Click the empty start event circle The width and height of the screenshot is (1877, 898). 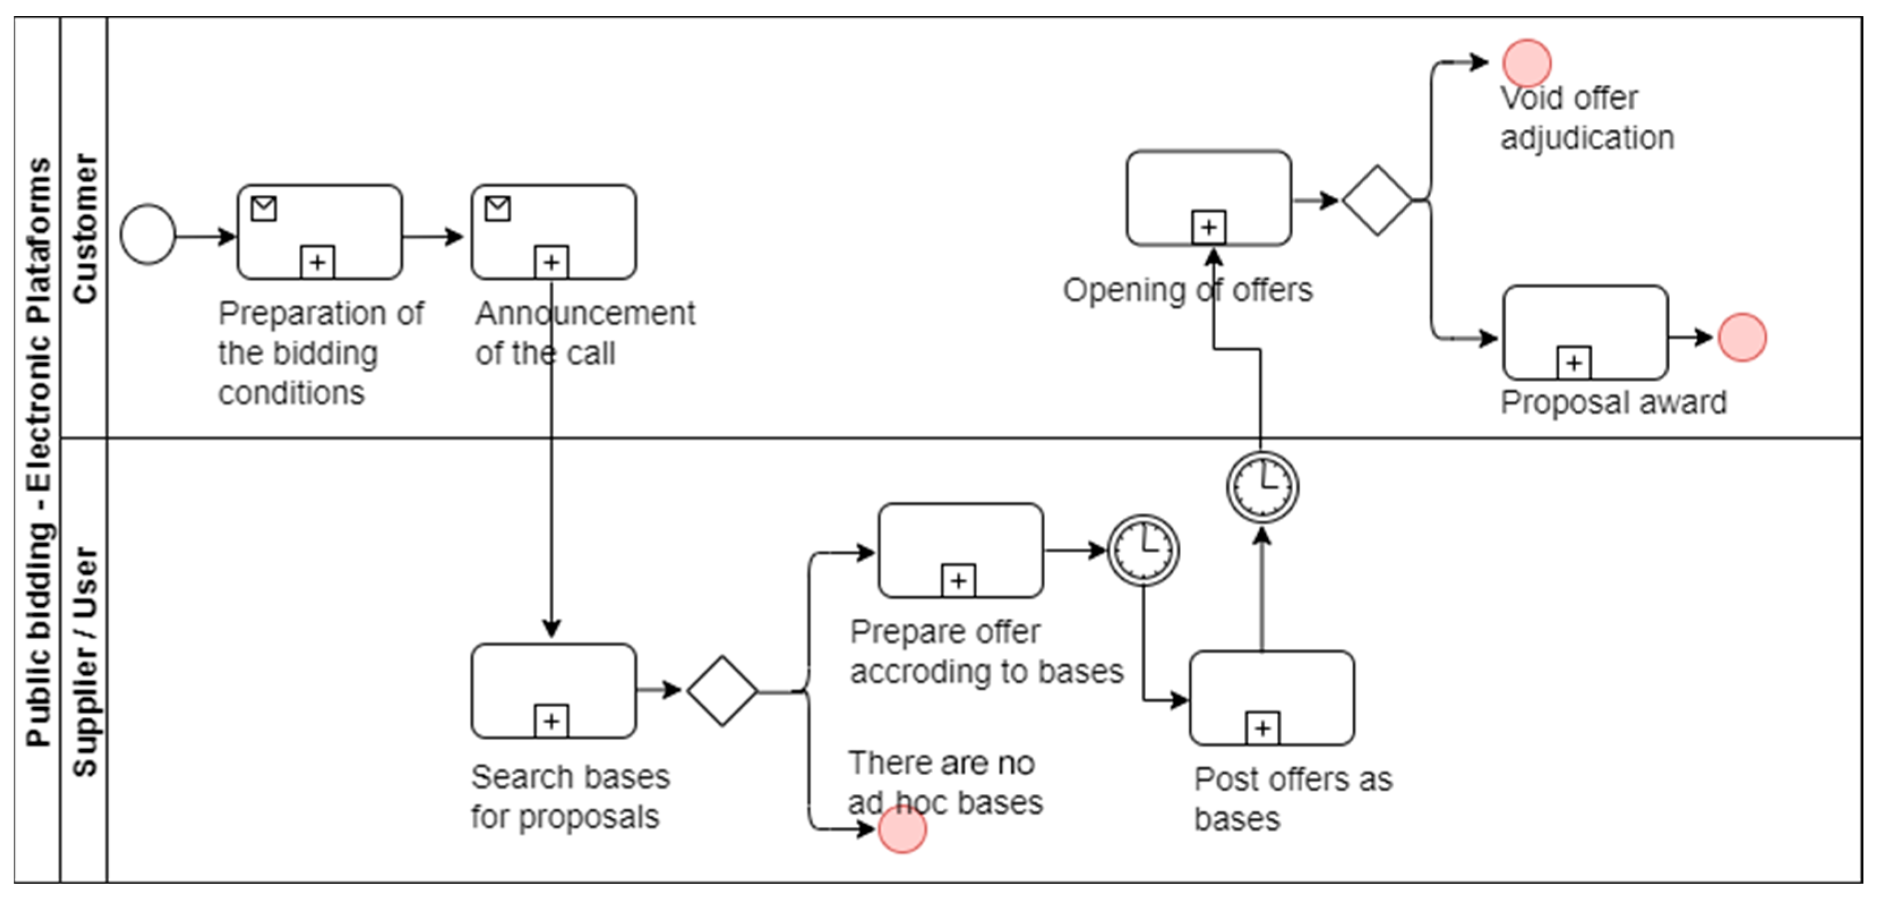pyautogui.click(x=148, y=235)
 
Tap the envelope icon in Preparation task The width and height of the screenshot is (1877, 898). pyautogui.click(x=264, y=208)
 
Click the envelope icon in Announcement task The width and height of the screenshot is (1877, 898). pyautogui.click(x=497, y=208)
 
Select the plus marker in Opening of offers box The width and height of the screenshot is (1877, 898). pyautogui.click(x=1208, y=228)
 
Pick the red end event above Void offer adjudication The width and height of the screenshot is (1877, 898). pyautogui.click(x=1527, y=63)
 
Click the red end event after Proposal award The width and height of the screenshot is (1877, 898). pyautogui.click(x=1742, y=337)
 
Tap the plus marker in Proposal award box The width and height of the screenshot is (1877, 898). pyautogui.click(x=1573, y=362)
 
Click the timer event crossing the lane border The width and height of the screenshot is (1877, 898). pyautogui.click(x=1262, y=487)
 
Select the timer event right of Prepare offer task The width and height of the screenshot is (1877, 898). pyautogui.click(x=1143, y=550)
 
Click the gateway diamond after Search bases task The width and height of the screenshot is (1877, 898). pyautogui.click(x=722, y=690)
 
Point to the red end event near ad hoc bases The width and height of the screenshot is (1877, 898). pyautogui.click(x=902, y=829)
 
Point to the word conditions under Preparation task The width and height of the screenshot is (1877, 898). pyautogui.click(x=291, y=394)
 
